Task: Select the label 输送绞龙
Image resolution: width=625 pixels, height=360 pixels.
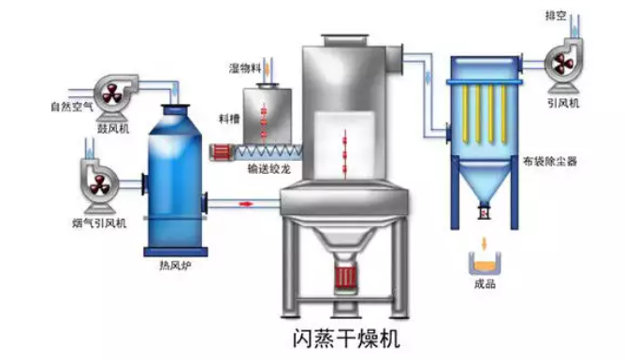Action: click(266, 171)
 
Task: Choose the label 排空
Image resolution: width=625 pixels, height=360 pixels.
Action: click(559, 15)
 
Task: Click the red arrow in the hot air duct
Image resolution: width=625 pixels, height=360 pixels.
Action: click(247, 201)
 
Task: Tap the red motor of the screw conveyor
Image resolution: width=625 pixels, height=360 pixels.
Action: click(225, 150)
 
